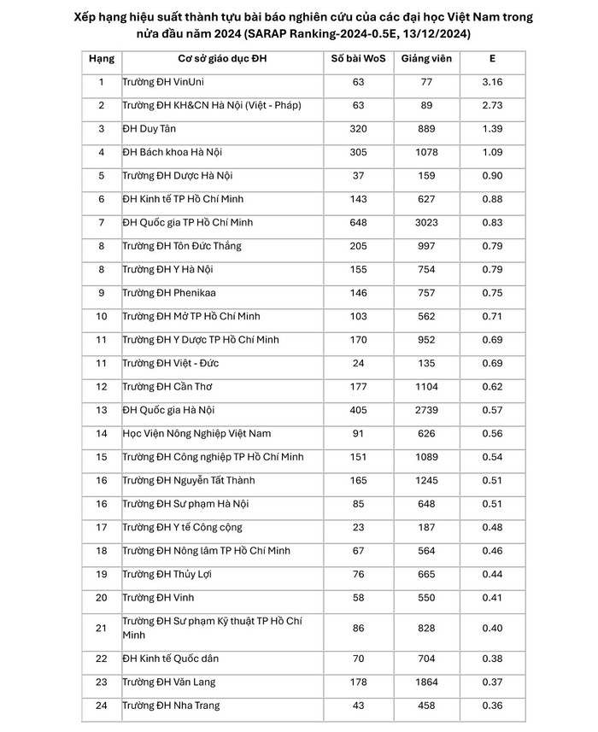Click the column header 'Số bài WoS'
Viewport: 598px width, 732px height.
point(359,59)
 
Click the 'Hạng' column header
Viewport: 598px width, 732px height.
point(102,59)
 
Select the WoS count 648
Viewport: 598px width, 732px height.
point(359,223)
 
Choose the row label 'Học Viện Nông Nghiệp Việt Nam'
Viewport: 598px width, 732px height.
point(202,434)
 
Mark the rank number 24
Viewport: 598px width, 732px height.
point(102,706)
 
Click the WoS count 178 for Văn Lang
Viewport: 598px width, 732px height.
point(359,682)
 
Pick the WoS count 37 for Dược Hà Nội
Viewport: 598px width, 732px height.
point(359,176)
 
